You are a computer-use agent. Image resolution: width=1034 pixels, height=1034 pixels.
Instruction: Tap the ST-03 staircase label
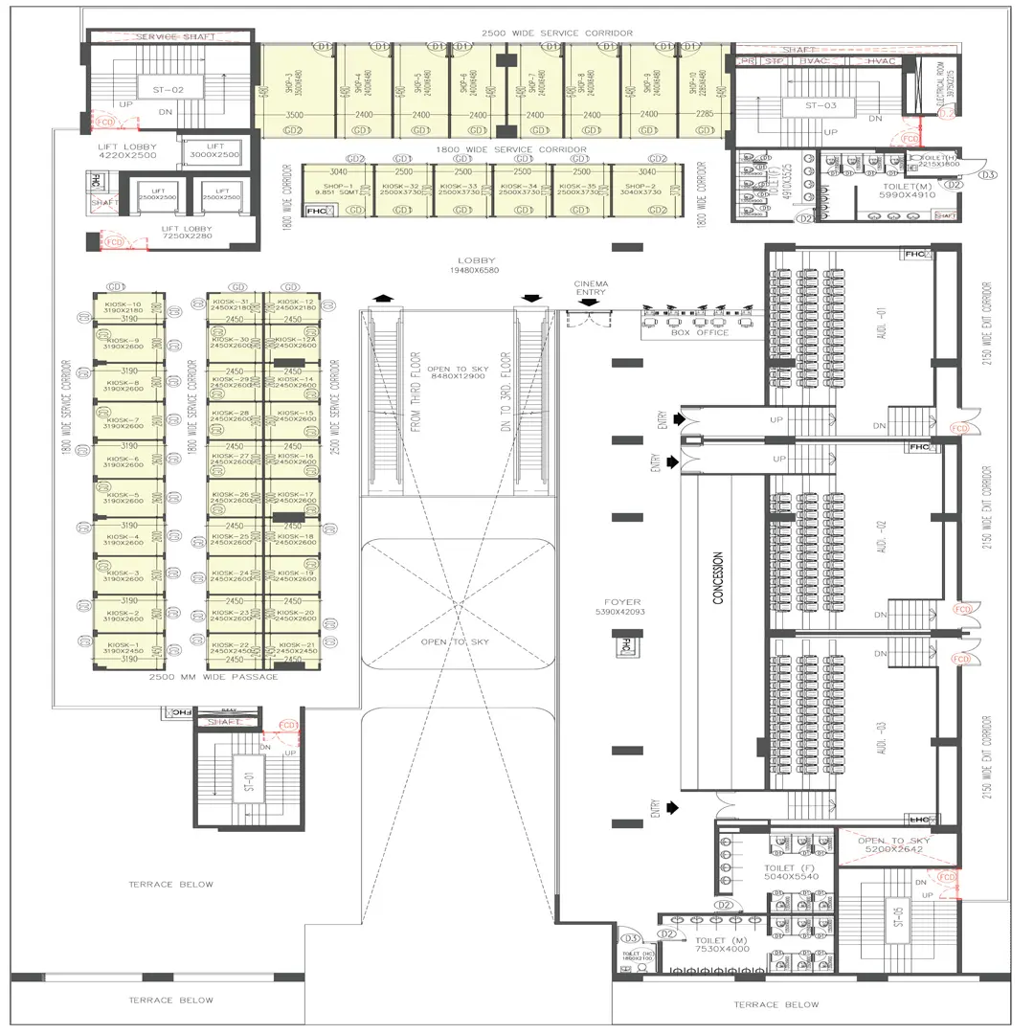coord(822,105)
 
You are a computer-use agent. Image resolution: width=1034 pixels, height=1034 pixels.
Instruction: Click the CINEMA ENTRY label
coord(591,289)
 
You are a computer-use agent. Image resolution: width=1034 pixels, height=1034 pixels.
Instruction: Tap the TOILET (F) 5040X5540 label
coord(792,872)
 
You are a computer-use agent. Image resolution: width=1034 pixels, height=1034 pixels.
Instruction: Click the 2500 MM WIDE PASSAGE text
coord(214,677)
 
